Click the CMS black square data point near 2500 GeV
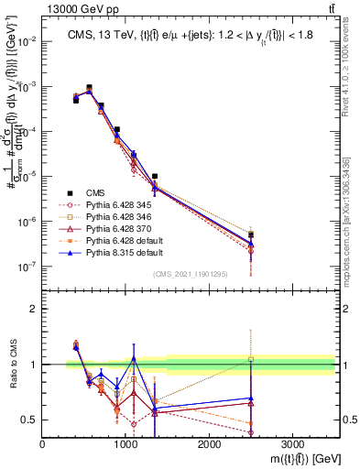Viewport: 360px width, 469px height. [x=251, y=235]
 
